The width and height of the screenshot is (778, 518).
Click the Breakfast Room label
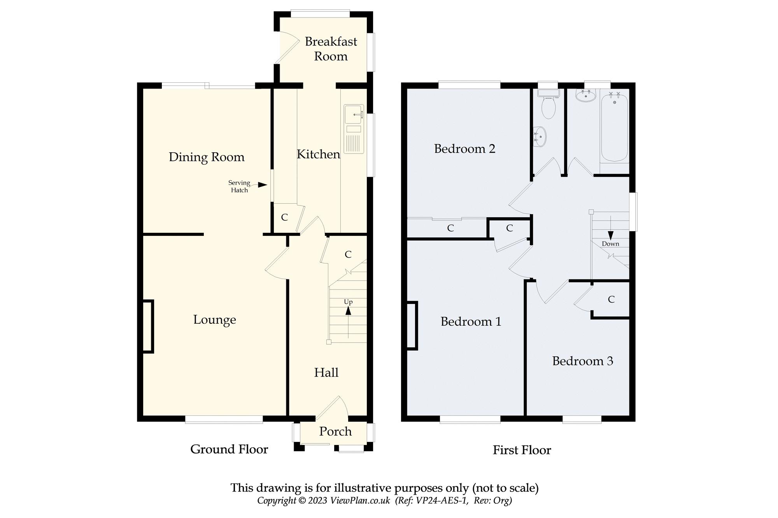(331, 49)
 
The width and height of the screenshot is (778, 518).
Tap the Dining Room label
(207, 157)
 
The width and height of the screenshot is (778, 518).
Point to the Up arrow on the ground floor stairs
(348, 311)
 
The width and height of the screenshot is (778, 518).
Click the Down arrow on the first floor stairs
(610, 235)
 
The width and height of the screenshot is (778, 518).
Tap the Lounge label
(214, 320)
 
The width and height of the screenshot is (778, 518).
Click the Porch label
(335, 431)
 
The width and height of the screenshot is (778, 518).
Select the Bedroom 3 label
(582, 361)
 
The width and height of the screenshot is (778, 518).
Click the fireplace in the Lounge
(148, 326)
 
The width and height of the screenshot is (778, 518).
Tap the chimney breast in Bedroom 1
(412, 326)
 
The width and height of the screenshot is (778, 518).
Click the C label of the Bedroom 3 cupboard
(611, 299)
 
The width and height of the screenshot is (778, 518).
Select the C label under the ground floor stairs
(348, 255)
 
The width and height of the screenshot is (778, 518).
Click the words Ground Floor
(229, 449)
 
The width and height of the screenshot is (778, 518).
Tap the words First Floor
(522, 450)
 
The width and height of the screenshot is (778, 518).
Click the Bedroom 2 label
(464, 149)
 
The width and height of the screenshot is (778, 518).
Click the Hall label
(326, 373)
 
